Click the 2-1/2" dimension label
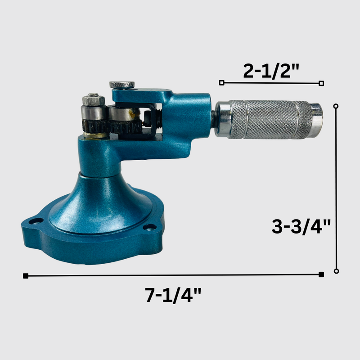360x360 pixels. click(271, 71)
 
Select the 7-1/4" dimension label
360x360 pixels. click(174, 295)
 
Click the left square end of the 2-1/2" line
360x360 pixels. click(221, 83)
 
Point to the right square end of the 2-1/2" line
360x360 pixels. click(321, 83)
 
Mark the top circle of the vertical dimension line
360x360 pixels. click(336, 106)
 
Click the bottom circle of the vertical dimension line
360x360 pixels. click(336, 271)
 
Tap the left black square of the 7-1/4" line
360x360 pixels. click(26, 275)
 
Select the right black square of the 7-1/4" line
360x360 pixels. click(321, 274)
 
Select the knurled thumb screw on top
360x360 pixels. click(122, 84)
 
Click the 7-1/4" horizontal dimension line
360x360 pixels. click(174, 275)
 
